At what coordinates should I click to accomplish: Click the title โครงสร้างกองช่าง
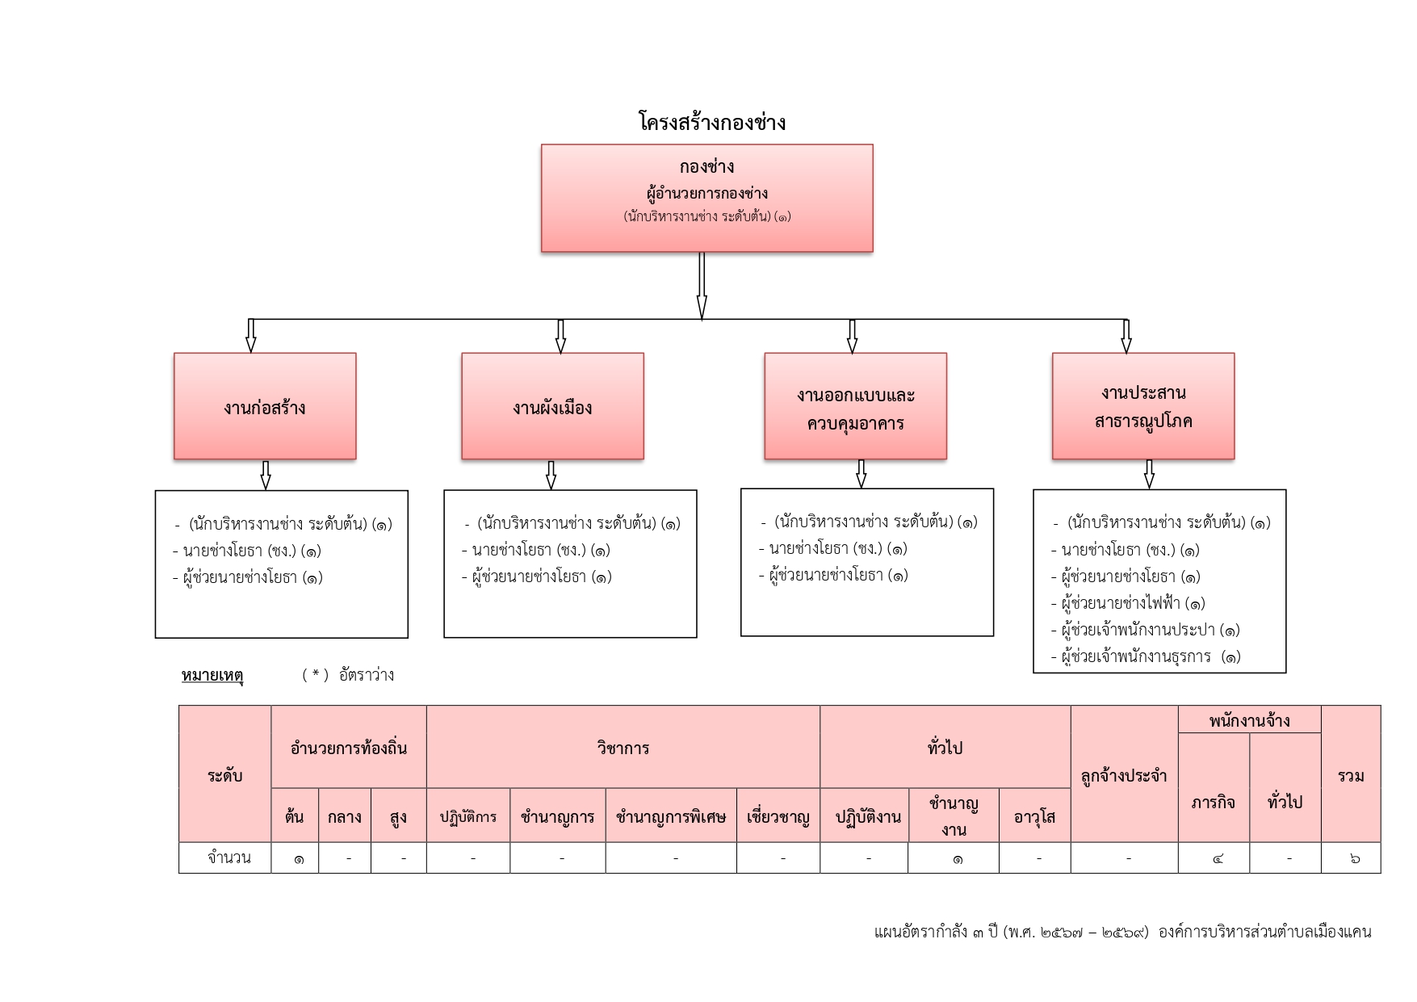click(x=711, y=123)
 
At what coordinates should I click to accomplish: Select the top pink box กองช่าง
click(x=706, y=198)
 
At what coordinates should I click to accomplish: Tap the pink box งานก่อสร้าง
click(x=265, y=406)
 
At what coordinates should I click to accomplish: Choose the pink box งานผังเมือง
click(x=552, y=406)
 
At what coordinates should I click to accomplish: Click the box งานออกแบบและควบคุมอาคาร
click(x=855, y=406)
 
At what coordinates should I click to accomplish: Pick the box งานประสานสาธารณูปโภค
click(x=1142, y=406)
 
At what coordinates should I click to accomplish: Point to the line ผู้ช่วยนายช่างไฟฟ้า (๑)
click(x=1132, y=603)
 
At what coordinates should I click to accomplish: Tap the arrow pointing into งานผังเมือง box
click(x=560, y=336)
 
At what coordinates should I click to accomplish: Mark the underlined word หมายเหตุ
click(x=212, y=675)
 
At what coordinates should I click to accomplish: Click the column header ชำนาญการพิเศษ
click(x=670, y=816)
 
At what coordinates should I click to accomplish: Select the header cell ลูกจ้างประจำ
click(x=1124, y=775)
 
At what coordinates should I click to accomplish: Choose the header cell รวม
click(x=1351, y=775)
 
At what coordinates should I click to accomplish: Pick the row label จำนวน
click(x=228, y=857)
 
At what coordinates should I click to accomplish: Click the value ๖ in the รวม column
click(x=1354, y=858)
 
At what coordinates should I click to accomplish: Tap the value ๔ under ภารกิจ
click(x=1218, y=858)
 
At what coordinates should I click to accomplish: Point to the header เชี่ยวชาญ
click(x=778, y=816)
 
